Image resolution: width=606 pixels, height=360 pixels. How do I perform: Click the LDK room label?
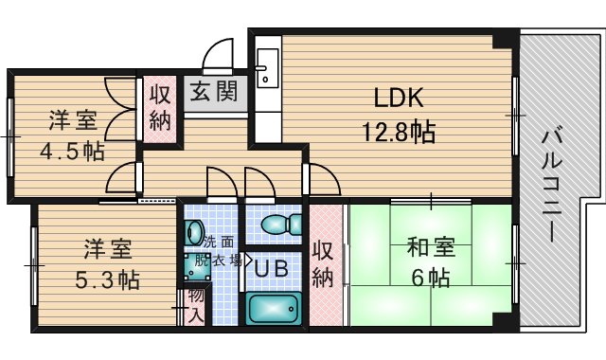coord(399,98)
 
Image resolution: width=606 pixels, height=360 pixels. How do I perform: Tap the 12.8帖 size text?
coord(399,132)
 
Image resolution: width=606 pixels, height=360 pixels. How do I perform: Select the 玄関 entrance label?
coord(214,92)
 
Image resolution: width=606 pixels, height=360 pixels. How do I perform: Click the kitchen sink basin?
coord(267,68)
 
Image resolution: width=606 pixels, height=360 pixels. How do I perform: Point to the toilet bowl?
coord(281,225)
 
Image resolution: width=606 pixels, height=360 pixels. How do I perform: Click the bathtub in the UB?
coord(274,308)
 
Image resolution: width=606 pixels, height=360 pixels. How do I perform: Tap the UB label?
coord(272,268)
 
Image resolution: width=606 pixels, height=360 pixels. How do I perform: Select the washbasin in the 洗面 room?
coord(194,232)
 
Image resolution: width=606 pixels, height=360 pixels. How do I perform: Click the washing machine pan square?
coord(197,267)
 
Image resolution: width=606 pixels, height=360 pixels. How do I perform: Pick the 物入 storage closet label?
coord(196,305)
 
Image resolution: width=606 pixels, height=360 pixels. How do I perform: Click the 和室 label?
coord(431,247)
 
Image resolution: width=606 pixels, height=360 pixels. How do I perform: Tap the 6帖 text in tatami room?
coord(431,278)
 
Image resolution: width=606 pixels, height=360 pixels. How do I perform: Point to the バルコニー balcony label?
coord(550,185)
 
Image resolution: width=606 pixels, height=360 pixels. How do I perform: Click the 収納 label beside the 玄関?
coord(160,107)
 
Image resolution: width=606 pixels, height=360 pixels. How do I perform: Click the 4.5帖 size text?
coord(72,152)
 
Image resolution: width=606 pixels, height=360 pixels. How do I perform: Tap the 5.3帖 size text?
coord(107,280)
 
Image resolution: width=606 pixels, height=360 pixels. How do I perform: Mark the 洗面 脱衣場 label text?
coord(219,251)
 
